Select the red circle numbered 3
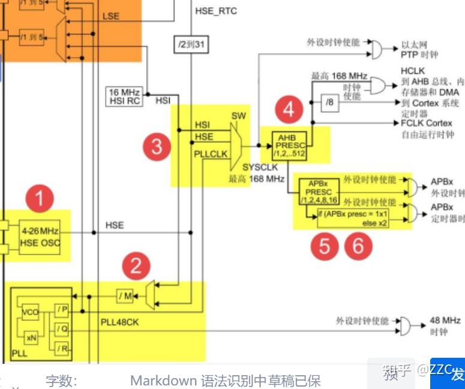pyautogui.click(x=157, y=147)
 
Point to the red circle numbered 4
pyautogui.click(x=290, y=110)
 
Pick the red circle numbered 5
pyautogui.click(x=324, y=246)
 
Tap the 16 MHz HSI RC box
pyautogui.click(x=124, y=97)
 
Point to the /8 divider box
pyautogui.click(x=331, y=103)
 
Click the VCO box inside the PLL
pyautogui.click(x=31, y=313)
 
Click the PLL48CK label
pyautogui.click(x=119, y=322)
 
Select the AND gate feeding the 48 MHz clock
pyautogui.click(x=409, y=325)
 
